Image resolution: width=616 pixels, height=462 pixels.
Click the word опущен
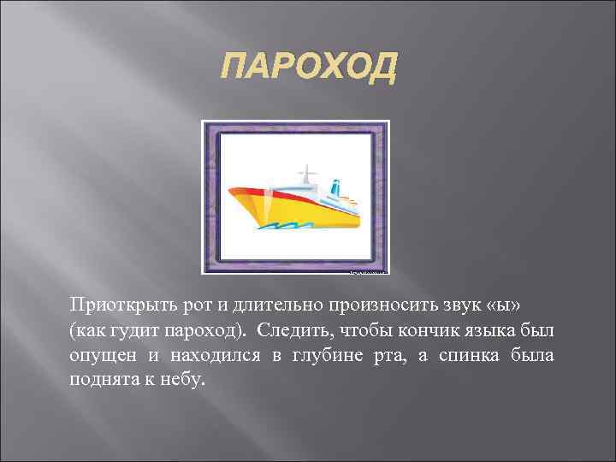click(x=99, y=355)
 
